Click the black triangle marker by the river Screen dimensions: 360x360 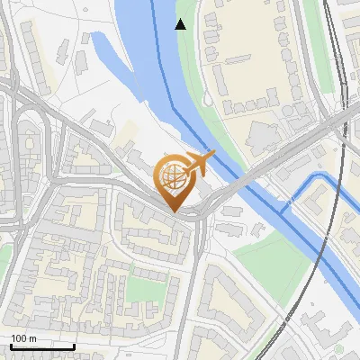click(181, 24)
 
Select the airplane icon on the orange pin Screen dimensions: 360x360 click(199, 163)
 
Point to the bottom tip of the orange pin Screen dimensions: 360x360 click(174, 211)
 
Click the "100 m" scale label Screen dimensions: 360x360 click(23, 338)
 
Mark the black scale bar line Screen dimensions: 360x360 click(41, 346)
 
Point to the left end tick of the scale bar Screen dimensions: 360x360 click(11, 346)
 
